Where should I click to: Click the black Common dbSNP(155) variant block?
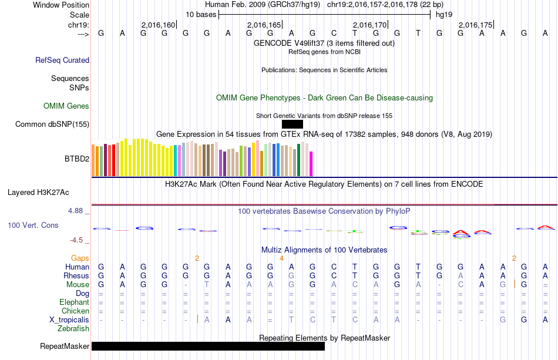pos(292,124)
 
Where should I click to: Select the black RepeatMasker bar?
pos(208,346)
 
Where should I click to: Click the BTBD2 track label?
pos(77,159)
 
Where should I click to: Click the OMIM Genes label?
pos(66,106)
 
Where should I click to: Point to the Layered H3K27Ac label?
pos(38,192)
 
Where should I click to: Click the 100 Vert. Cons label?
pos(33,225)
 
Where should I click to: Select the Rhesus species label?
pos(77,275)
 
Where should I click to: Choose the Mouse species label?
pos(78,284)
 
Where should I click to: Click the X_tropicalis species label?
pos(69,319)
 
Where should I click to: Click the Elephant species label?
pos(74,302)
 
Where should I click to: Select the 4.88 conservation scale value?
pos(78,210)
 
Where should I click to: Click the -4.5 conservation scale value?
pos(79,240)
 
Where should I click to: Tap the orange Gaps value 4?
pos(281,258)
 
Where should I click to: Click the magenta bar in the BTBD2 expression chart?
pos(311,163)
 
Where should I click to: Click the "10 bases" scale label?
pos(201,14)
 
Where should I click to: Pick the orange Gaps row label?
pos(80,258)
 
